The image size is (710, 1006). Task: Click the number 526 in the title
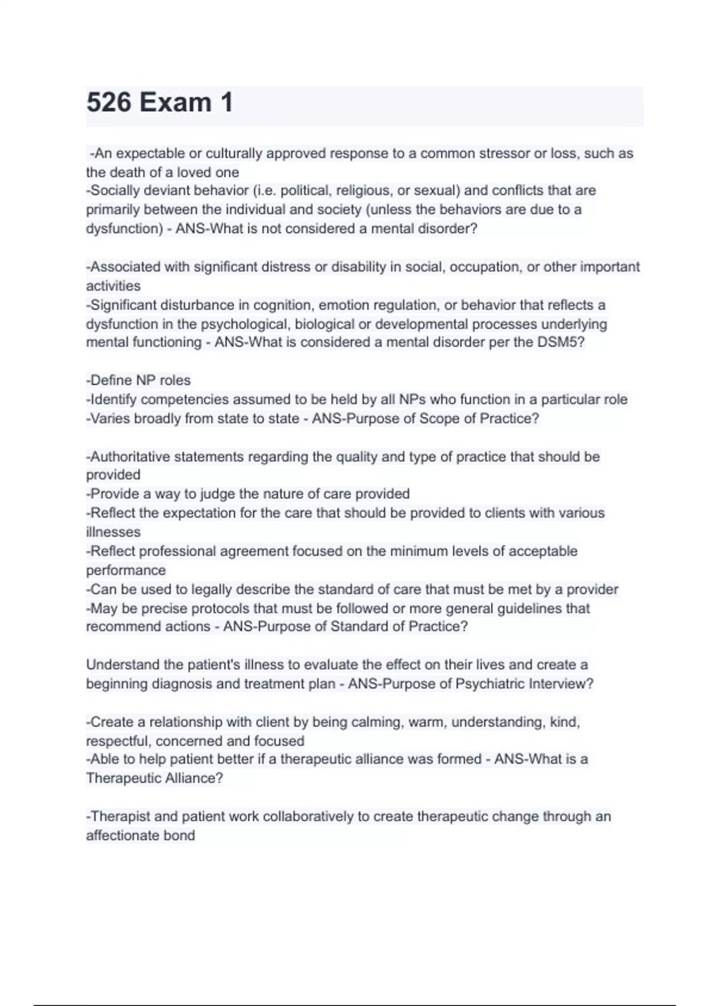[x=109, y=103]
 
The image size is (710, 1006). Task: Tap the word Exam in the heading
[x=175, y=103]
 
